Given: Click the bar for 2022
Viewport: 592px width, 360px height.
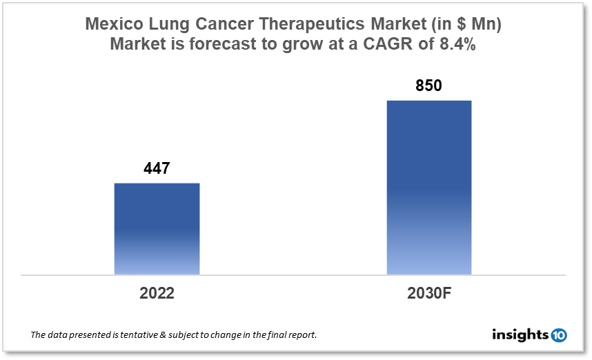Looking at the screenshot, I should pyautogui.click(x=157, y=228).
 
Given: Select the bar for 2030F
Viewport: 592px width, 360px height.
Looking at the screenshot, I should pyautogui.click(x=428, y=187).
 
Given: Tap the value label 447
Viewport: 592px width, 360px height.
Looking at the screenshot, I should pyautogui.click(x=157, y=169).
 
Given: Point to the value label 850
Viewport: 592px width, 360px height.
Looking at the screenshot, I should pyautogui.click(x=428, y=86).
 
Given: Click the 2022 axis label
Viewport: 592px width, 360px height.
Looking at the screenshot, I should pyautogui.click(x=157, y=292).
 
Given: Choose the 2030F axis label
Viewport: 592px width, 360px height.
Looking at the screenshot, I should pyautogui.click(x=428, y=292).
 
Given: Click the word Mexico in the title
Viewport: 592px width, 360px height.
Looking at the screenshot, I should pyautogui.click(x=112, y=24).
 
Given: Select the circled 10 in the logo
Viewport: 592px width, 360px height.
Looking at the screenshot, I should pyautogui.click(x=559, y=335).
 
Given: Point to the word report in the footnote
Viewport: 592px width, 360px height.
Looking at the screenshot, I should pyautogui.click(x=301, y=335).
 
